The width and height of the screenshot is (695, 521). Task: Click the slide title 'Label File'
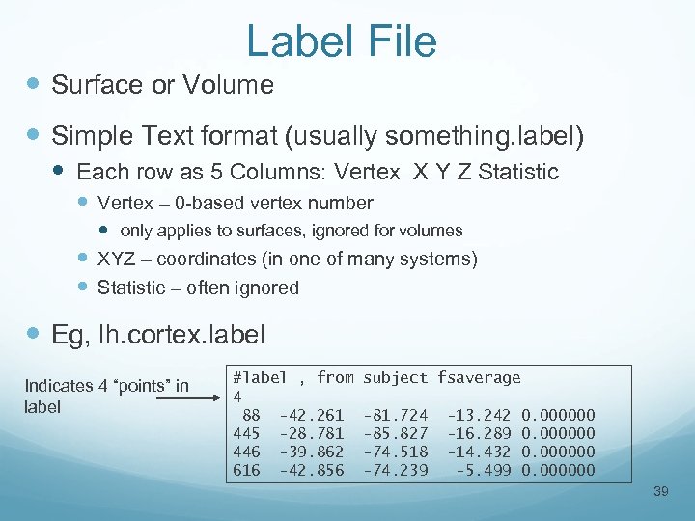point(342,41)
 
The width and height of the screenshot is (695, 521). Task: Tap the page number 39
point(661,493)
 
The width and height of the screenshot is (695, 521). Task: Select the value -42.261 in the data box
point(311,415)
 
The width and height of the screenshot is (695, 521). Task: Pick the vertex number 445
point(246,433)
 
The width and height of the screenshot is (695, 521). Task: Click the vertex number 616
point(246,470)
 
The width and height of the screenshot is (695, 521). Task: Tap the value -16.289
point(478,433)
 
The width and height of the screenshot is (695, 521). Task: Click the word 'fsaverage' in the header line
point(479,378)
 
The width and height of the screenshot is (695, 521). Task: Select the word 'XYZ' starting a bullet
point(117,259)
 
